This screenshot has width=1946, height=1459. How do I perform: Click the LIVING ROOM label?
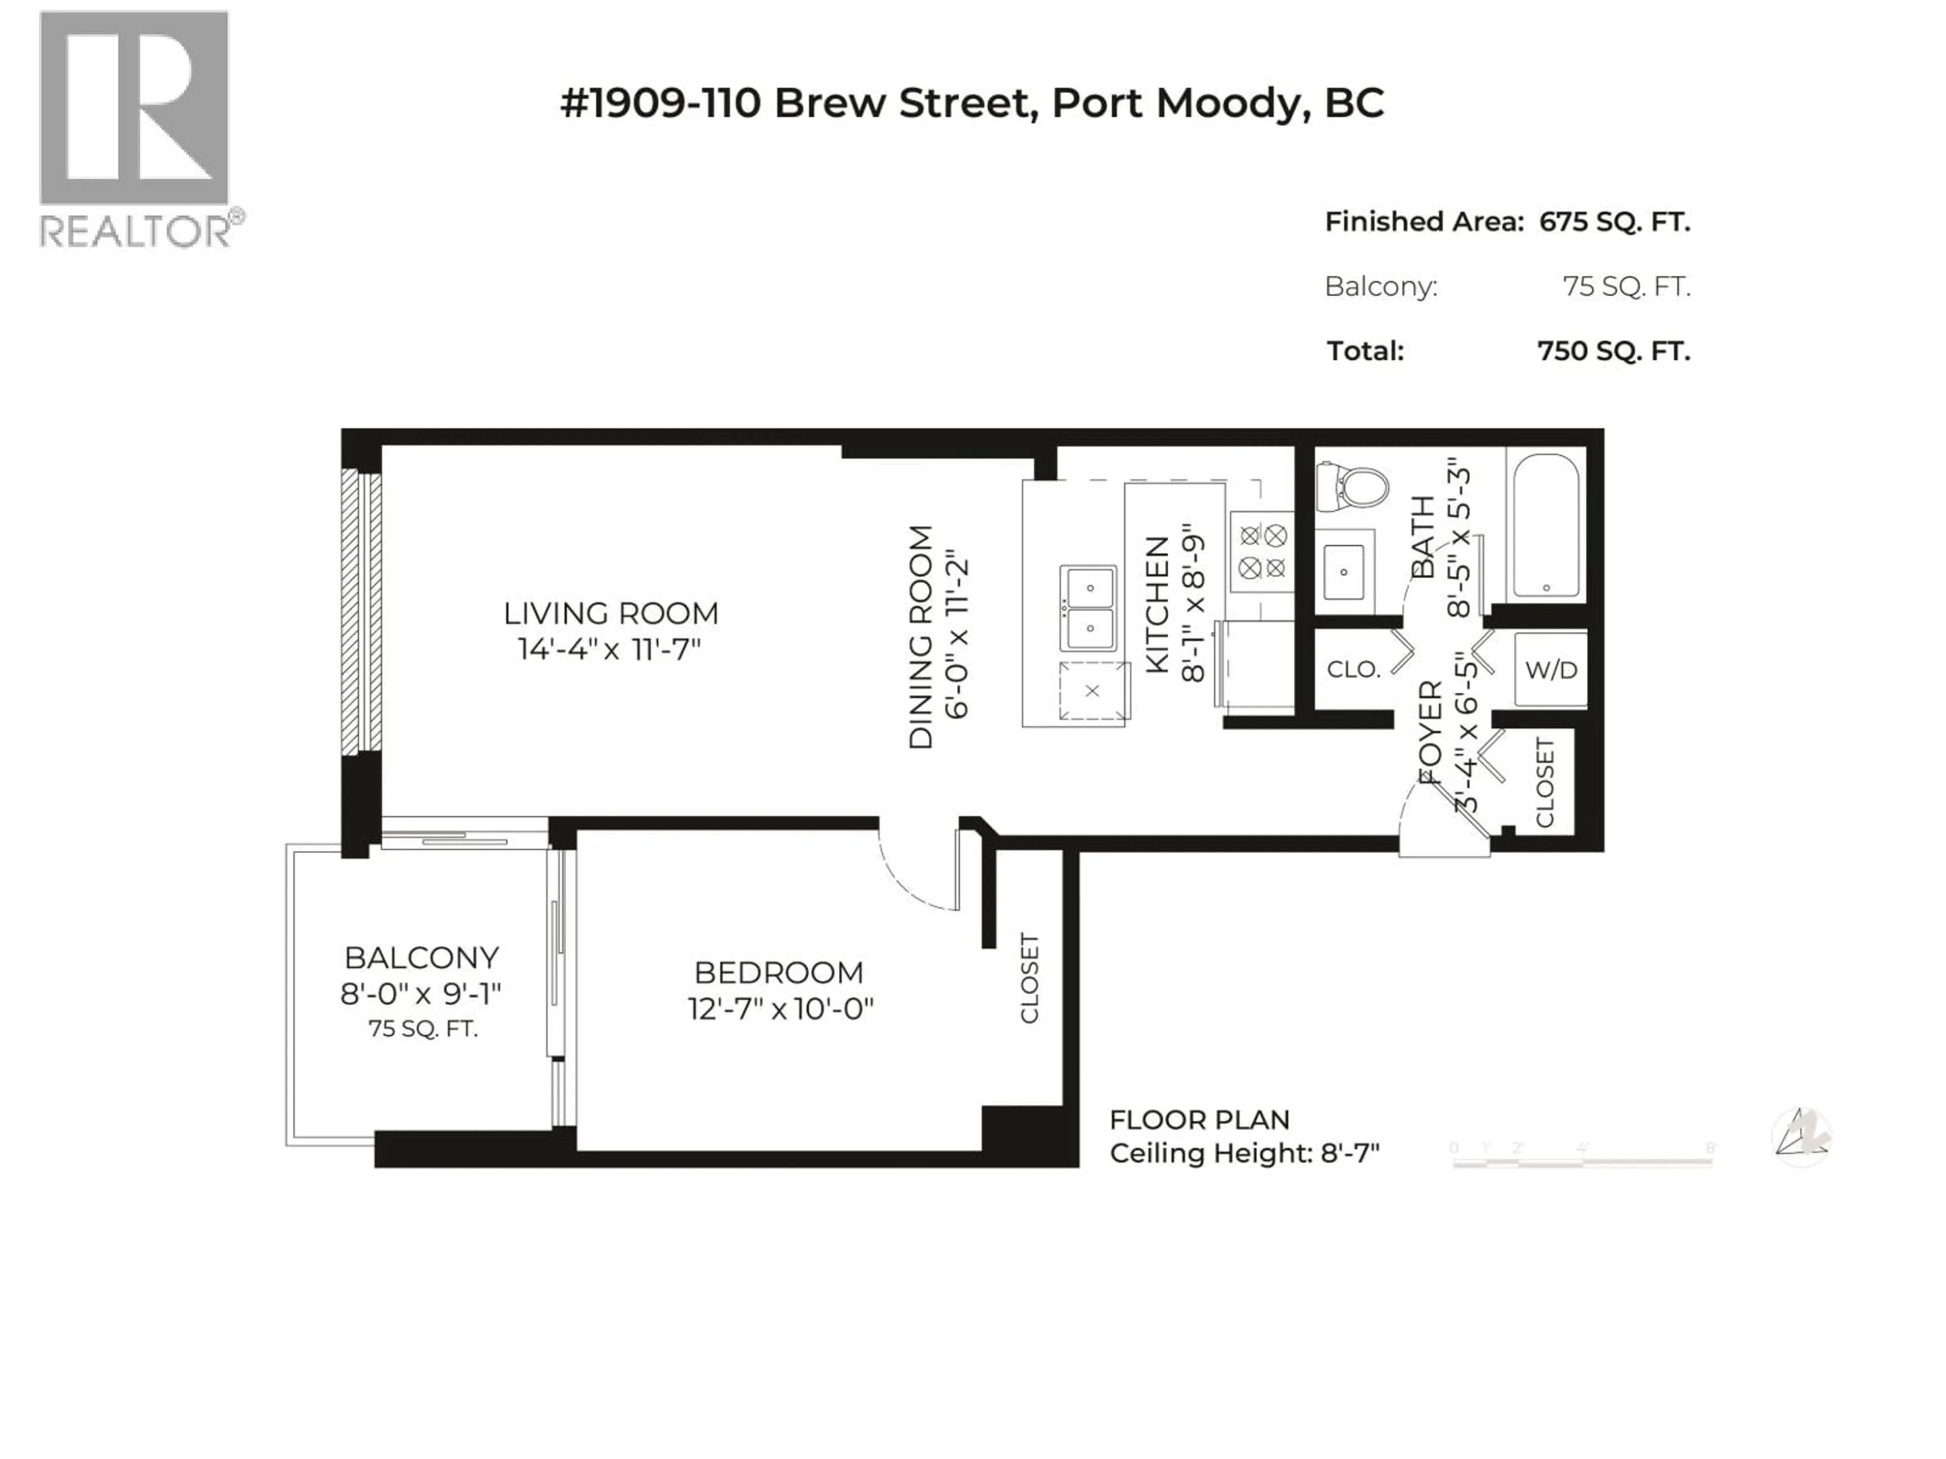point(611,613)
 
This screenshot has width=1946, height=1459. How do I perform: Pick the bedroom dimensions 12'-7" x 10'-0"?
point(779,1008)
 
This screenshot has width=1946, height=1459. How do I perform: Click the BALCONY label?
point(422,957)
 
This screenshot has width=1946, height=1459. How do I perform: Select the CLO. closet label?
point(1353,669)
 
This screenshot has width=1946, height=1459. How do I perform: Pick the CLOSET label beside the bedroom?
point(1029,978)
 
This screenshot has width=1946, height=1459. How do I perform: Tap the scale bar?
point(1581,1159)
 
